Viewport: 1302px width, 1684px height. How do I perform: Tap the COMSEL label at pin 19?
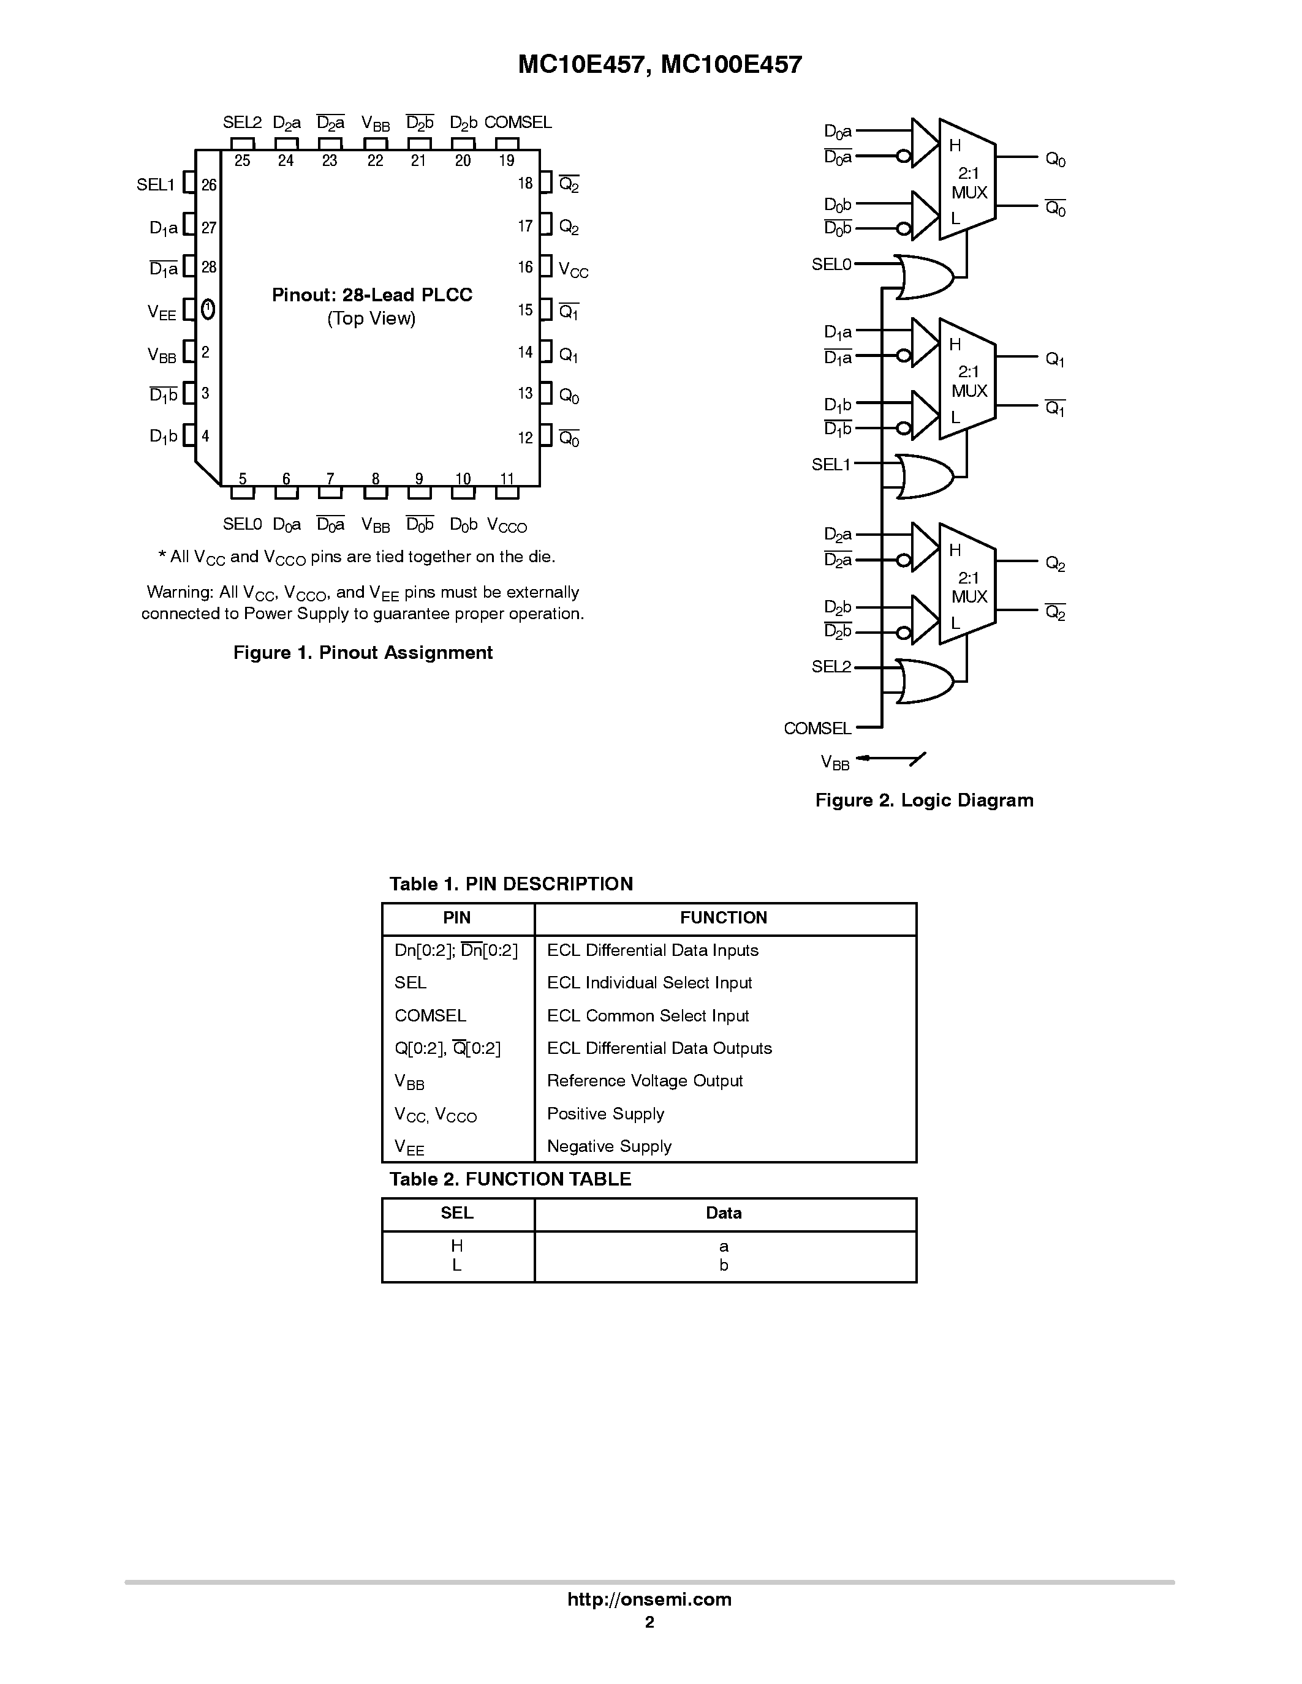(518, 122)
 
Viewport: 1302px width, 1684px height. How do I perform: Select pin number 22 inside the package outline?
(375, 160)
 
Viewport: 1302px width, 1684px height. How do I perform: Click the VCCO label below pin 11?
(507, 526)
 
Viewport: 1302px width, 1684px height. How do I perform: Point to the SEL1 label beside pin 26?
(156, 185)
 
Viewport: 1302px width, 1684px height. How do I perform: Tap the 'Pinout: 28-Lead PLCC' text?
(372, 295)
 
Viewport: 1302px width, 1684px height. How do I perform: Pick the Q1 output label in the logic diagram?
(1054, 359)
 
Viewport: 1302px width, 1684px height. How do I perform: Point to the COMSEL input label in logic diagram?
(817, 728)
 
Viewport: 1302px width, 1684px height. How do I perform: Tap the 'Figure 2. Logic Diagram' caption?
(924, 800)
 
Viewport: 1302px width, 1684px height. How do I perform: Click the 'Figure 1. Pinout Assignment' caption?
(363, 652)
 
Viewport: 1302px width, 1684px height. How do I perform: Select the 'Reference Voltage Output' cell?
(645, 1080)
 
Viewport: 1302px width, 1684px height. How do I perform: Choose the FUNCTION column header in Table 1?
(724, 917)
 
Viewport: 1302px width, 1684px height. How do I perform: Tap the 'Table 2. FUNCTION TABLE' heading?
(510, 1179)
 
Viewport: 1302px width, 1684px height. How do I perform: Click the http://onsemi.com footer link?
(649, 1599)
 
